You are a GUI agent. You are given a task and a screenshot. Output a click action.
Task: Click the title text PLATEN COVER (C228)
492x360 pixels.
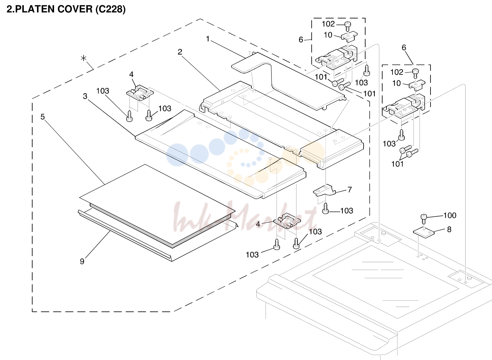pyautogui.click(x=70, y=9)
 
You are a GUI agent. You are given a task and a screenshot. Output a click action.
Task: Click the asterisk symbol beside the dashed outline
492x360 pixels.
pyautogui.click(x=84, y=58)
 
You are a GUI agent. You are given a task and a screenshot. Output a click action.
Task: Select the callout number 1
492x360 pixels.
pyautogui.click(x=208, y=39)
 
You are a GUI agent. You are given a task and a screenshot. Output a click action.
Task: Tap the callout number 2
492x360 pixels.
pyautogui.click(x=180, y=52)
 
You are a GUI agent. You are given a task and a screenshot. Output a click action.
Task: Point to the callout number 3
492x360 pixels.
pyautogui.click(x=85, y=96)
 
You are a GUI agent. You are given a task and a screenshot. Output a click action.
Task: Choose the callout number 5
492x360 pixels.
pyautogui.click(x=43, y=117)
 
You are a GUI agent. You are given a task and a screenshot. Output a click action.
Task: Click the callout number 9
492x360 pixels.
pyautogui.click(x=82, y=261)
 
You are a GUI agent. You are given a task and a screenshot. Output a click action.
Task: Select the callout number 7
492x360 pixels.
pyautogui.click(x=350, y=190)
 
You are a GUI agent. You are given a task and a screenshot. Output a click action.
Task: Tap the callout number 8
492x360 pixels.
pyautogui.click(x=449, y=229)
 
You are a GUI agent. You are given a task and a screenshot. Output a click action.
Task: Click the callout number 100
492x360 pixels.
pyautogui.click(x=450, y=215)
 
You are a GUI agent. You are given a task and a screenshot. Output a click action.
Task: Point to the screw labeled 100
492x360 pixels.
pyautogui.click(x=424, y=220)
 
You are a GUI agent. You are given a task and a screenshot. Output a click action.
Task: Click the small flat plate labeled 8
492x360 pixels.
pyautogui.click(x=424, y=233)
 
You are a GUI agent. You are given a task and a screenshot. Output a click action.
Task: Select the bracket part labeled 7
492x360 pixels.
pyautogui.click(x=325, y=190)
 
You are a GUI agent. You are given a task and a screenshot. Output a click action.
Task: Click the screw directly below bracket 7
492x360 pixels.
pyautogui.click(x=326, y=208)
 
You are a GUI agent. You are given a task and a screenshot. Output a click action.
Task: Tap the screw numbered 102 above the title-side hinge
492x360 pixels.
pyautogui.click(x=347, y=26)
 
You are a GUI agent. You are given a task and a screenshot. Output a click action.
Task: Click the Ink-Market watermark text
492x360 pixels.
pyautogui.click(x=244, y=218)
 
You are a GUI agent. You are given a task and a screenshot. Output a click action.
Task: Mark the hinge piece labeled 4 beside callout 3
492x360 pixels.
pyautogui.click(x=140, y=93)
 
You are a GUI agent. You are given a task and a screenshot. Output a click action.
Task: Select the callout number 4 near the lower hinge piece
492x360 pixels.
pyautogui.click(x=258, y=224)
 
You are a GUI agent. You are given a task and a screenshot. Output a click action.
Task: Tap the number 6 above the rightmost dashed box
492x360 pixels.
pyautogui.click(x=404, y=47)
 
